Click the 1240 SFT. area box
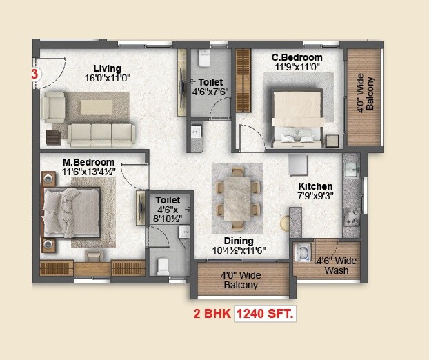266,314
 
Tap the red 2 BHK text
212,314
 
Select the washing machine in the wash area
303,253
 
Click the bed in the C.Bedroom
298,116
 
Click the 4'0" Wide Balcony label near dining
239,280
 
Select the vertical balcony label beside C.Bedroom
365,97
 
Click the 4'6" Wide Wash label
336,266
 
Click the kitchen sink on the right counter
350,172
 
